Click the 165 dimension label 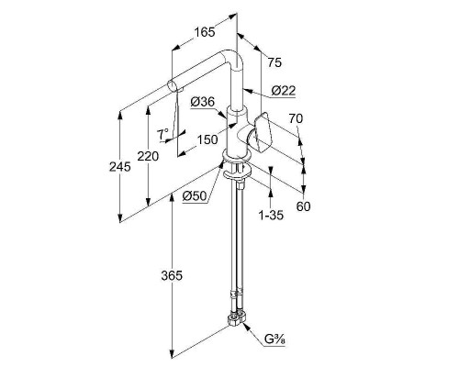pyautogui.click(x=205, y=32)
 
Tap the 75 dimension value pyautogui.click(x=274, y=62)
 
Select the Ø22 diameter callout pyautogui.click(x=284, y=91)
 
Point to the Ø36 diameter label pyautogui.click(x=203, y=102)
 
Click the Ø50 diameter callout pyautogui.click(x=195, y=195)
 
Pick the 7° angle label pyautogui.click(x=162, y=134)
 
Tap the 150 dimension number pyautogui.click(x=207, y=139)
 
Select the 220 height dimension pyautogui.click(x=148, y=156)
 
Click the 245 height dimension pyautogui.click(x=120, y=167)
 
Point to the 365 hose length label pyautogui.click(x=172, y=276)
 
